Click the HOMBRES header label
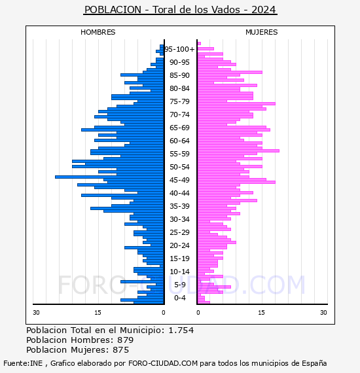click(x=98, y=32)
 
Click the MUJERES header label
click(x=262, y=32)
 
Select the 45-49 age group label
click(x=179, y=180)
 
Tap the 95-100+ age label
click(x=179, y=49)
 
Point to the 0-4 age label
click(x=179, y=298)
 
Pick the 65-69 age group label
click(x=179, y=128)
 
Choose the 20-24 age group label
click(x=179, y=245)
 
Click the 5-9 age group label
click(x=179, y=285)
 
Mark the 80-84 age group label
click(x=179, y=88)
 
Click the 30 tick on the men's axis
click(x=36, y=312)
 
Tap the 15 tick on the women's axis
click(x=261, y=312)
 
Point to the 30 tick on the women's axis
click(x=323, y=312)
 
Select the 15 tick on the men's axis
click(x=98, y=312)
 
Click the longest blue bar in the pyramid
click(x=109, y=177)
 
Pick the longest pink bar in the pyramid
click(x=238, y=151)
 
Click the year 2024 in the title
click(x=263, y=10)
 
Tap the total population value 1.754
click(x=181, y=330)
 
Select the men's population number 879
click(x=126, y=340)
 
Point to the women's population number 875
click(x=121, y=350)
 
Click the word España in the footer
click(x=314, y=363)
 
